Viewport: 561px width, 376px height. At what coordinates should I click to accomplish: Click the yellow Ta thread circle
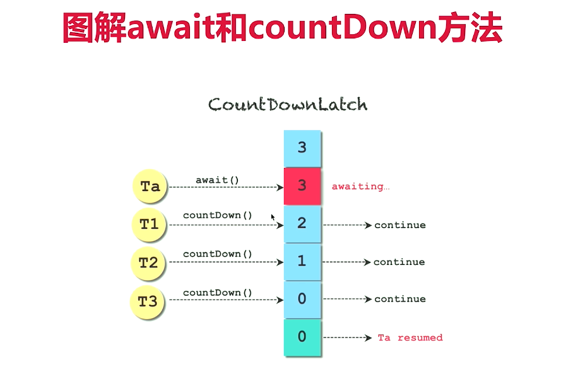150,187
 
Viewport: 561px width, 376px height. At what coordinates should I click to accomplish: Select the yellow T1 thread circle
149,224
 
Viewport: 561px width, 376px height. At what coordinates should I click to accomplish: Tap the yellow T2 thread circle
148,262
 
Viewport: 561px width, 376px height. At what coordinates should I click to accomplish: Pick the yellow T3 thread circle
148,301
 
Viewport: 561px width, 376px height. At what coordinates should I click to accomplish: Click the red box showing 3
302,186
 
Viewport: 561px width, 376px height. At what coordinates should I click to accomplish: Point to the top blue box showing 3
302,148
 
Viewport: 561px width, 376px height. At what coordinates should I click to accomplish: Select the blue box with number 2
302,224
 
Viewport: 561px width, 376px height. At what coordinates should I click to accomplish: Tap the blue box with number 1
302,261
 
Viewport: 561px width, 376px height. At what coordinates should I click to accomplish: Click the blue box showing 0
302,299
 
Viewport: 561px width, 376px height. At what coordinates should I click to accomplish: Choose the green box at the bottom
302,338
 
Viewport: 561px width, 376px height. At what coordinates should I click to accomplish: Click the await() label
217,180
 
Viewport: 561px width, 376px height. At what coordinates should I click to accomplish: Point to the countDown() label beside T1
218,215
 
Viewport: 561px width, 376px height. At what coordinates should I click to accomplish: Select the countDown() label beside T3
218,293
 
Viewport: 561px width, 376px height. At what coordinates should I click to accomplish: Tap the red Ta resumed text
410,338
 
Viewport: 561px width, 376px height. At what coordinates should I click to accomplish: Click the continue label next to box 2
400,225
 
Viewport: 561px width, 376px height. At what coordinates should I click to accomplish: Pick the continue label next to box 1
399,262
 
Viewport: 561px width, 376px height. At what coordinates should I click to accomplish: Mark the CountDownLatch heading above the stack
288,104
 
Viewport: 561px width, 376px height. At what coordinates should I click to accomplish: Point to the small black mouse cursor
273,218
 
